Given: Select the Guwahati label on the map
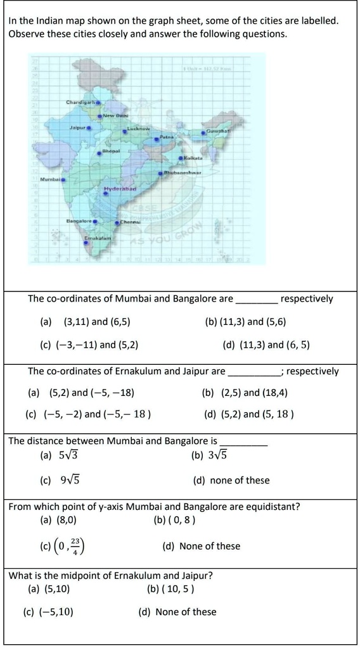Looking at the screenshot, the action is tap(217, 132).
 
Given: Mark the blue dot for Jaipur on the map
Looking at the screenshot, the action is tap(89, 127).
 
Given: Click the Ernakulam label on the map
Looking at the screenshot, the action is tap(98, 236).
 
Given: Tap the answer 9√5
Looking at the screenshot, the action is tap(69, 480).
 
